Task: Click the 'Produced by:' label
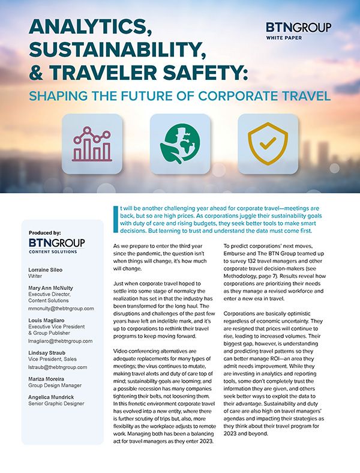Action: [44, 232]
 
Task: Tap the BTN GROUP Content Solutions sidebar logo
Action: [56, 246]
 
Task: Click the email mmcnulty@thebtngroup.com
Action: [61, 308]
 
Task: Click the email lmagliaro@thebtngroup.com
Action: [61, 340]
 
